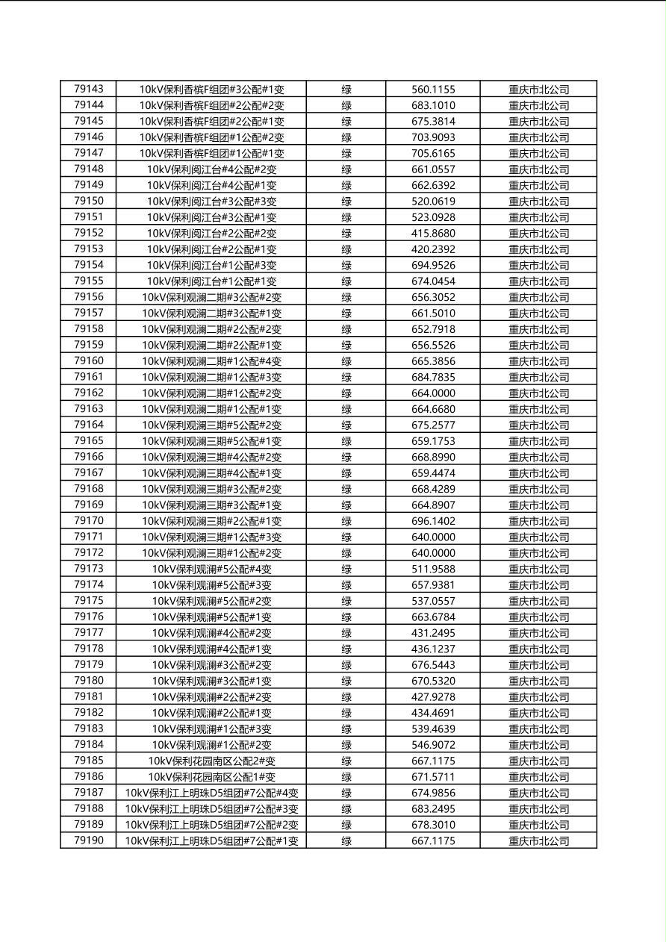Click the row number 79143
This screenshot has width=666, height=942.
point(89,89)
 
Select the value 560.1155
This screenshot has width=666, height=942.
point(433,90)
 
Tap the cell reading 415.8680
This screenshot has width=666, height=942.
point(433,233)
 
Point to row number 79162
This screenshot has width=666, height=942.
point(89,393)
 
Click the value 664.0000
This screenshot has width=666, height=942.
point(433,393)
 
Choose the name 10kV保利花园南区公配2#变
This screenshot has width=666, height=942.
point(211,761)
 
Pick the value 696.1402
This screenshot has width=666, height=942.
point(433,521)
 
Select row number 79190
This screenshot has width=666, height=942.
point(89,840)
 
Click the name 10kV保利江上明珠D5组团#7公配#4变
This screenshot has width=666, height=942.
point(211,793)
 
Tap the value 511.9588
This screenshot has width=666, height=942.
point(433,569)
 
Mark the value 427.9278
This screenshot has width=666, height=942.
point(433,697)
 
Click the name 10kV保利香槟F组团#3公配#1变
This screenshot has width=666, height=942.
point(211,90)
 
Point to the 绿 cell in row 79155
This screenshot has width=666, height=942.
point(346,281)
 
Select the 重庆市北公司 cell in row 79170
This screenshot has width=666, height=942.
point(538,521)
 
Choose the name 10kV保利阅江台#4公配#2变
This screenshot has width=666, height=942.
point(211,169)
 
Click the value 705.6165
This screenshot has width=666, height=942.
point(433,153)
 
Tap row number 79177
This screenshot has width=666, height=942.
point(89,633)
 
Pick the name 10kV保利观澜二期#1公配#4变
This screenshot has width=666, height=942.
point(211,361)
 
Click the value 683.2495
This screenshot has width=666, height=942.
point(433,809)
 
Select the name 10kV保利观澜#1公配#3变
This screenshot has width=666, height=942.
point(211,729)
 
